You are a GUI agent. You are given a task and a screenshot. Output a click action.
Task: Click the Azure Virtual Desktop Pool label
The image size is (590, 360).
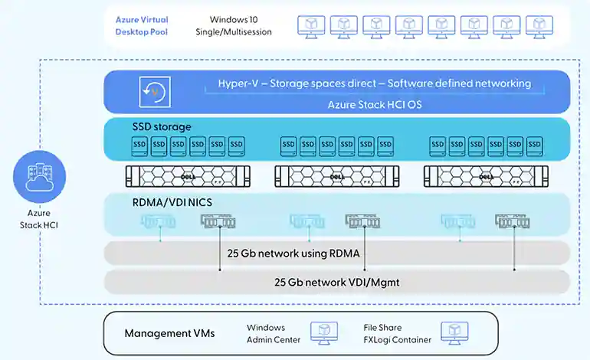[142, 25]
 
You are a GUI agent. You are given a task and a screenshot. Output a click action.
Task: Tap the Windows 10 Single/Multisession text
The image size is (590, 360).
[234, 25]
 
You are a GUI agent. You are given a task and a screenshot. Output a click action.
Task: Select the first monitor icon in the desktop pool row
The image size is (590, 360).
[311, 27]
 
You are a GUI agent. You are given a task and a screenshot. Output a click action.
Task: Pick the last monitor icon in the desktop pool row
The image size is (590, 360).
[539, 27]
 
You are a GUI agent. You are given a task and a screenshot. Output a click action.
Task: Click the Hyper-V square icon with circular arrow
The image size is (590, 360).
[155, 92]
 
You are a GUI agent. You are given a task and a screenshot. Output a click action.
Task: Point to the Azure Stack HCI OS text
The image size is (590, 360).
[375, 105]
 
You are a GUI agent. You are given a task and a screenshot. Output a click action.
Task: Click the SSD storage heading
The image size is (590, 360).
[162, 127]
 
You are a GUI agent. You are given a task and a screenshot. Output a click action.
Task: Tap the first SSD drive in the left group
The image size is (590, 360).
[139, 146]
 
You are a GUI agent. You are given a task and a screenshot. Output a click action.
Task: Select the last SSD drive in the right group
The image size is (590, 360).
[534, 146]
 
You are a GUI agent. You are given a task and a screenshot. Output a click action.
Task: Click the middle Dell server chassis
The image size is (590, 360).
[337, 176]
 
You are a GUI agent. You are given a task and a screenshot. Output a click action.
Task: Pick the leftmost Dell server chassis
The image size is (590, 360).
[188, 176]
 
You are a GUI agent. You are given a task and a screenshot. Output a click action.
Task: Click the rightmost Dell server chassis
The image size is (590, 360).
[486, 176]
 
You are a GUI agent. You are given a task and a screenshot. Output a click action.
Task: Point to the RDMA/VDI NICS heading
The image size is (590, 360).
[172, 202]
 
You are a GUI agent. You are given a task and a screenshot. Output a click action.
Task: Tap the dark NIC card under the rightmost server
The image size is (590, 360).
[513, 221]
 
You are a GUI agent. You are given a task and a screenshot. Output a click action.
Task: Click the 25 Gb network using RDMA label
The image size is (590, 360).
[293, 254]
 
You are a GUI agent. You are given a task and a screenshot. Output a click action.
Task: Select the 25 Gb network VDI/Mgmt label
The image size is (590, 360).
[337, 282]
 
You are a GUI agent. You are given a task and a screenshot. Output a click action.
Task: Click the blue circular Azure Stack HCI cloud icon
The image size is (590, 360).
[40, 176]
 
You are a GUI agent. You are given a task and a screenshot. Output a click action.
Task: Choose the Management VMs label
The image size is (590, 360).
[169, 333]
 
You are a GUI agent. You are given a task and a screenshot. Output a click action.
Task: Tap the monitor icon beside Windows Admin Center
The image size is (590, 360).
[324, 333]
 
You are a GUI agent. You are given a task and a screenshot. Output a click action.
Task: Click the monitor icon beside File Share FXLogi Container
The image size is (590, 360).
[454, 333]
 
